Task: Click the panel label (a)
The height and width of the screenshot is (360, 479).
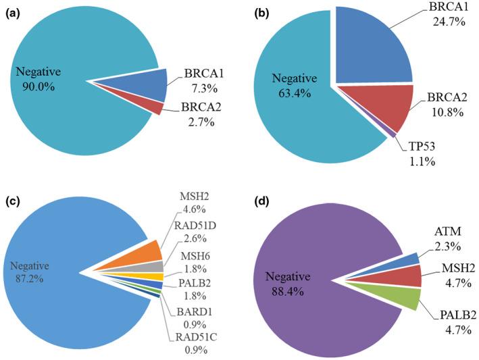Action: (x=13, y=12)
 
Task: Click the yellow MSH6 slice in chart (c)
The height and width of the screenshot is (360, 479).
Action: (x=150, y=276)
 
